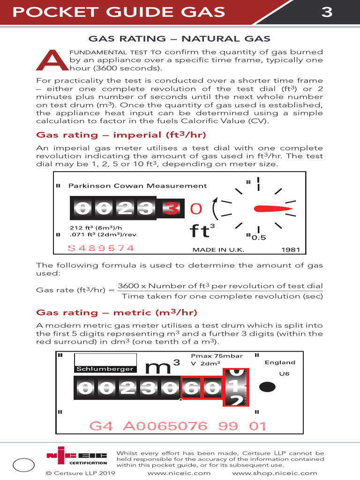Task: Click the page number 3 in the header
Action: (x=327, y=12)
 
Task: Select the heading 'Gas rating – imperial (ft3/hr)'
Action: (x=121, y=135)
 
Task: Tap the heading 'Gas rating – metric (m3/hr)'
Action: (x=116, y=313)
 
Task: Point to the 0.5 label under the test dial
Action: (x=259, y=238)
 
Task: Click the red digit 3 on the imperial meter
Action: (x=171, y=208)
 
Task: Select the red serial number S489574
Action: (x=101, y=248)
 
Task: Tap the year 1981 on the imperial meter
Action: (x=290, y=249)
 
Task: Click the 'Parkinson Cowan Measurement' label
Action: (x=137, y=186)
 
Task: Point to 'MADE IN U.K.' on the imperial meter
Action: (x=218, y=250)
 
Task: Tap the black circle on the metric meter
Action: (x=267, y=387)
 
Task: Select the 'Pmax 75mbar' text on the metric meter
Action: (x=217, y=356)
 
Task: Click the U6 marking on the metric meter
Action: (x=284, y=374)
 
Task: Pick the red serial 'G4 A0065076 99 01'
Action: (x=177, y=426)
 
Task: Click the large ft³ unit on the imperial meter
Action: (x=202, y=231)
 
